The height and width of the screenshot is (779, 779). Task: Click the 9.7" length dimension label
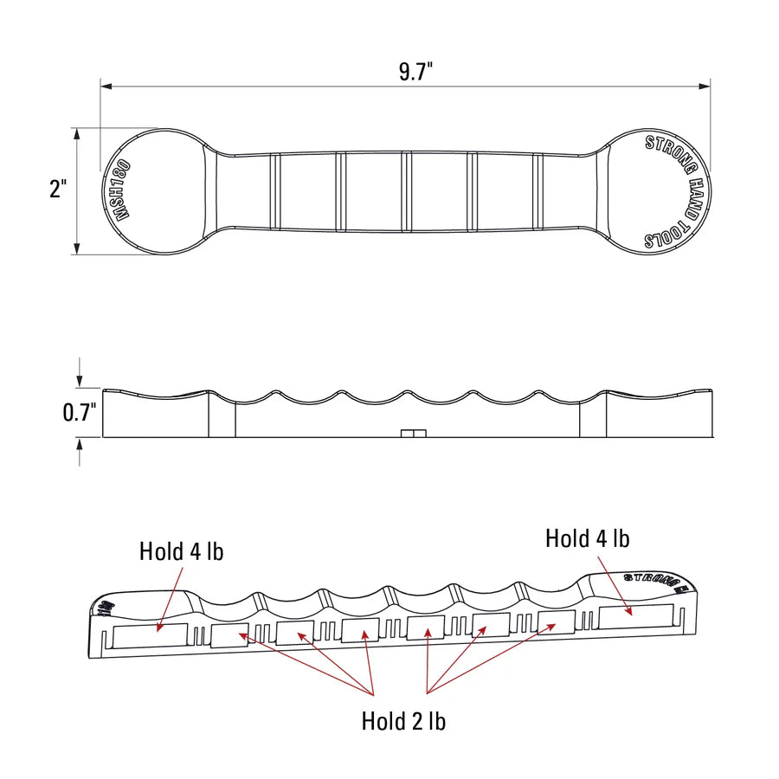[x=415, y=72]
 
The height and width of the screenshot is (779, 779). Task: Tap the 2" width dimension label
[x=58, y=190]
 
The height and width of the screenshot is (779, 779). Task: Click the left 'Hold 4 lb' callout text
[x=181, y=550]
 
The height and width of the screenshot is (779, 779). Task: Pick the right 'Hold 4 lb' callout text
[x=587, y=538]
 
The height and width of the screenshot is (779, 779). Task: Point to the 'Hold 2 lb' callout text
[x=403, y=720]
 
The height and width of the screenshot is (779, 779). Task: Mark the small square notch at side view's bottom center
[x=415, y=433]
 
